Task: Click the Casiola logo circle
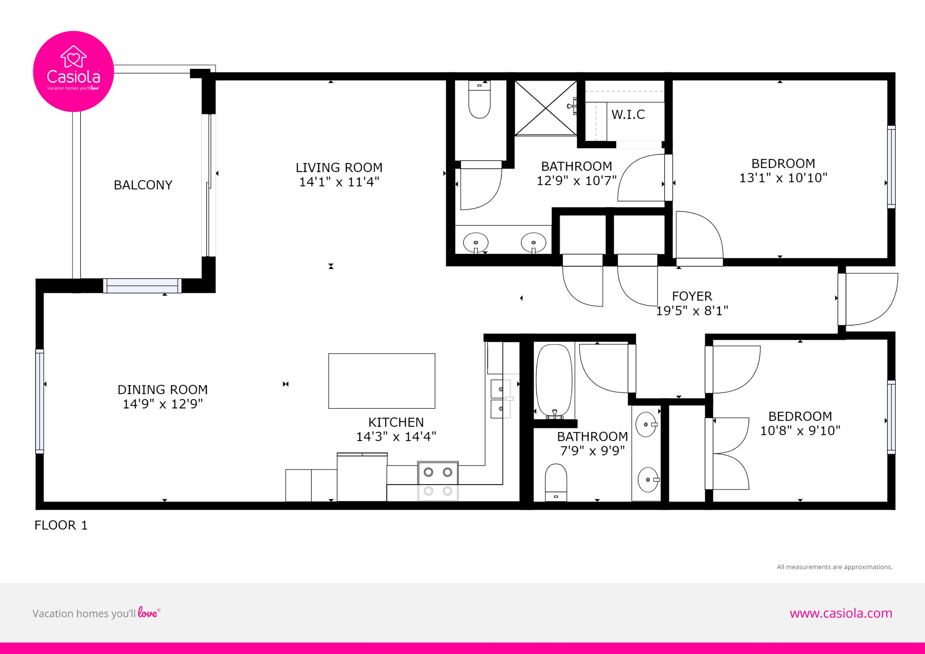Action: [73, 71]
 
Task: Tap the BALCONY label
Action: [143, 185]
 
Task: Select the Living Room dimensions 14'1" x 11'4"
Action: [339, 182]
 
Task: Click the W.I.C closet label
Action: [628, 115]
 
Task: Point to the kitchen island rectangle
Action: [382, 381]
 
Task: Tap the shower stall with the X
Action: [546, 108]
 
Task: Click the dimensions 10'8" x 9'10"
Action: [800, 430]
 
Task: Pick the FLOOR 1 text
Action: [61, 525]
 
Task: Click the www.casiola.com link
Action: [841, 613]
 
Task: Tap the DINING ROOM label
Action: [162, 390]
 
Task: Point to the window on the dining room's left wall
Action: [39, 401]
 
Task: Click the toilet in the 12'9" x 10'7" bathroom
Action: [479, 99]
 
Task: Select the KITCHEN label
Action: [396, 422]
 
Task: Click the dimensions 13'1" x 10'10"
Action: [783, 178]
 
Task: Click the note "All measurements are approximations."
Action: [835, 567]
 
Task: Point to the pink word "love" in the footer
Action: [148, 612]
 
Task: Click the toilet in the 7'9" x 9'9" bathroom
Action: [556, 483]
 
